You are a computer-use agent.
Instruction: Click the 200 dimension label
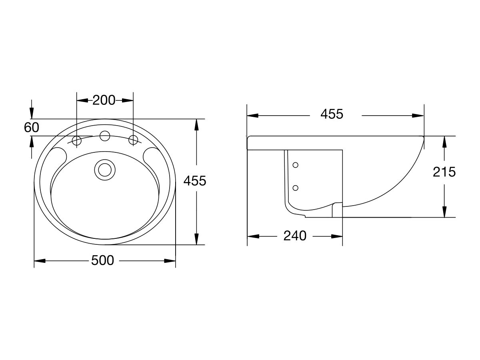point(104,100)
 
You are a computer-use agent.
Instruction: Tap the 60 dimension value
point(32,128)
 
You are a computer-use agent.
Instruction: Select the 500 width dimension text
point(102,260)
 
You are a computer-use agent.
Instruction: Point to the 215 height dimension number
point(444,172)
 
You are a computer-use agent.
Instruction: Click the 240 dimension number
point(295,236)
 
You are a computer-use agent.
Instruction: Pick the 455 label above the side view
point(332,114)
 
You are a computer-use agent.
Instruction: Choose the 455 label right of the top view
point(194,181)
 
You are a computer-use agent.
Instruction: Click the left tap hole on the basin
point(77,140)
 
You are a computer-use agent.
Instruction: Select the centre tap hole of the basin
point(105,136)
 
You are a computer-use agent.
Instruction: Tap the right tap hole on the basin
point(133,140)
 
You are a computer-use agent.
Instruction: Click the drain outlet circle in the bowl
point(105,169)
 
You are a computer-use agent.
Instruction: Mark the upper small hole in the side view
point(296,165)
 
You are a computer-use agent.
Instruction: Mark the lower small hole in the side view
point(296,188)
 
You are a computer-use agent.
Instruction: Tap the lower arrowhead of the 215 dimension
point(444,212)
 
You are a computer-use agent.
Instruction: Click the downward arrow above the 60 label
point(32,112)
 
